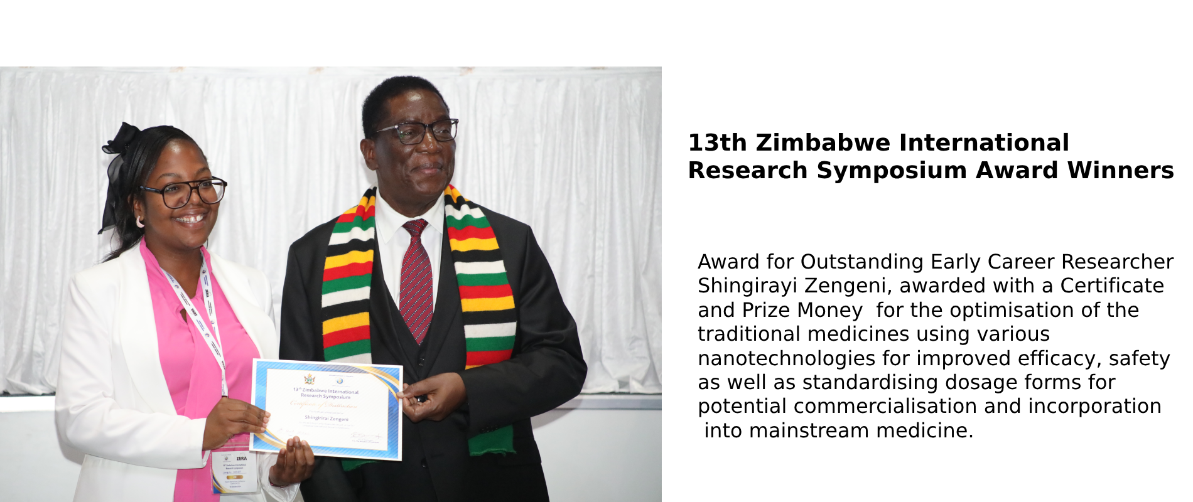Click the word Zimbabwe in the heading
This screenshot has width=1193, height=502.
(x=823, y=143)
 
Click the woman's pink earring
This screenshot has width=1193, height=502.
(x=139, y=222)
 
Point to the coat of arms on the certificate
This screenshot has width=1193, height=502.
(x=309, y=379)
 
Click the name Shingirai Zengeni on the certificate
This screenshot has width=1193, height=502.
(x=326, y=418)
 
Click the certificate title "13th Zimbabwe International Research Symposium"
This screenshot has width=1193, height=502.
(x=325, y=393)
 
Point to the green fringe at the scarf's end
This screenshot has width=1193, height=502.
(x=492, y=442)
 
